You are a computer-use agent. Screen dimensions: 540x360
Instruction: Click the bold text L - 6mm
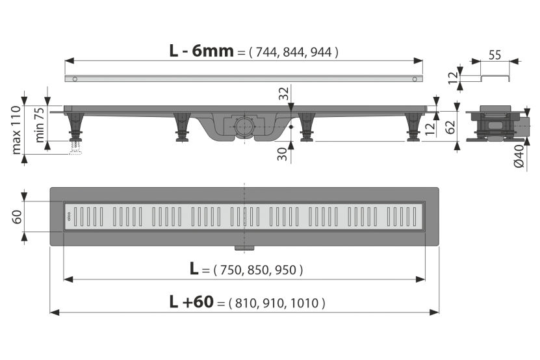(x=201, y=51)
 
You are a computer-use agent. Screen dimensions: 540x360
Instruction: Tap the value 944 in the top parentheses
(x=321, y=53)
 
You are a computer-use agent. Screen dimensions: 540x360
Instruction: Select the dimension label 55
(x=495, y=55)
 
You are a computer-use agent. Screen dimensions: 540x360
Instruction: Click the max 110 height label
(x=16, y=130)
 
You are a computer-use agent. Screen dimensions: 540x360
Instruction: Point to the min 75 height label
(x=40, y=125)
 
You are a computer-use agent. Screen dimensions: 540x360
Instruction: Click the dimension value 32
(x=284, y=94)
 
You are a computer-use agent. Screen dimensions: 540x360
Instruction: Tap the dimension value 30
(x=283, y=154)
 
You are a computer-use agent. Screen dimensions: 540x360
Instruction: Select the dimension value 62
(x=450, y=127)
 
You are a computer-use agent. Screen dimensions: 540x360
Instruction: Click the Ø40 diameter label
(x=519, y=156)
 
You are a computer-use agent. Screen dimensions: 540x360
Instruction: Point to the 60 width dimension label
(x=17, y=216)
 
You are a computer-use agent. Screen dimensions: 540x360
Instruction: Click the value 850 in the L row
(x=258, y=270)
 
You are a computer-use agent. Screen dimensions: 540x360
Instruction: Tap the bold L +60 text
(x=192, y=302)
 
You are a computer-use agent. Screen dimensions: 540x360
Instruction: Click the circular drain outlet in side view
(x=244, y=127)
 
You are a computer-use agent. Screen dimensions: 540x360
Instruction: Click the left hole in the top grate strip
(x=75, y=79)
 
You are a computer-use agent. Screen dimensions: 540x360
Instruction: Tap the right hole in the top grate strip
(x=415, y=79)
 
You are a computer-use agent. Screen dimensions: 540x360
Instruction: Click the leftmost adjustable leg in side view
(x=76, y=127)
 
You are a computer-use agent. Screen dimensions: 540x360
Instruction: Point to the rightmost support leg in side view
(x=413, y=127)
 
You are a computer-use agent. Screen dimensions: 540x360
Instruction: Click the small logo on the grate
(x=68, y=216)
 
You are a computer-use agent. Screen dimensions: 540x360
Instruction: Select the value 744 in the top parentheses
(x=266, y=53)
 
